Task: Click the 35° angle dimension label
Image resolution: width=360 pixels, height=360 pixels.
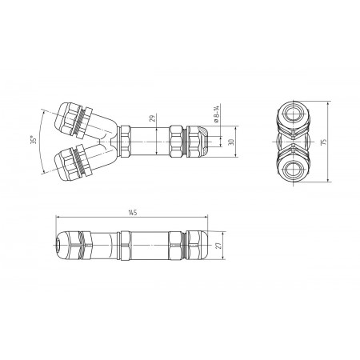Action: point(34,140)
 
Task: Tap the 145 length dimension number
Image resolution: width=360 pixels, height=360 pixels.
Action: point(133,213)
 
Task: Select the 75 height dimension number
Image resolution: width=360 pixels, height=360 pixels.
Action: point(324,142)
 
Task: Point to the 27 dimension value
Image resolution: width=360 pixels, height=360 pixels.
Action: point(219,246)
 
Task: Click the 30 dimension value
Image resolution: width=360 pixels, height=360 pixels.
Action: point(231,142)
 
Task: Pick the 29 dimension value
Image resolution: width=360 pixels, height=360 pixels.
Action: point(152,118)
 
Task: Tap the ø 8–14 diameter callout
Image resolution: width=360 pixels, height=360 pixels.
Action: point(217,114)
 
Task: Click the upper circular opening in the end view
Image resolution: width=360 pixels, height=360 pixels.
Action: point(294,114)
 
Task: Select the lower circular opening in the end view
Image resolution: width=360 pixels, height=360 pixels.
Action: point(294,170)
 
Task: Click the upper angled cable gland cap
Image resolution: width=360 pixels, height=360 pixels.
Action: point(66,118)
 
